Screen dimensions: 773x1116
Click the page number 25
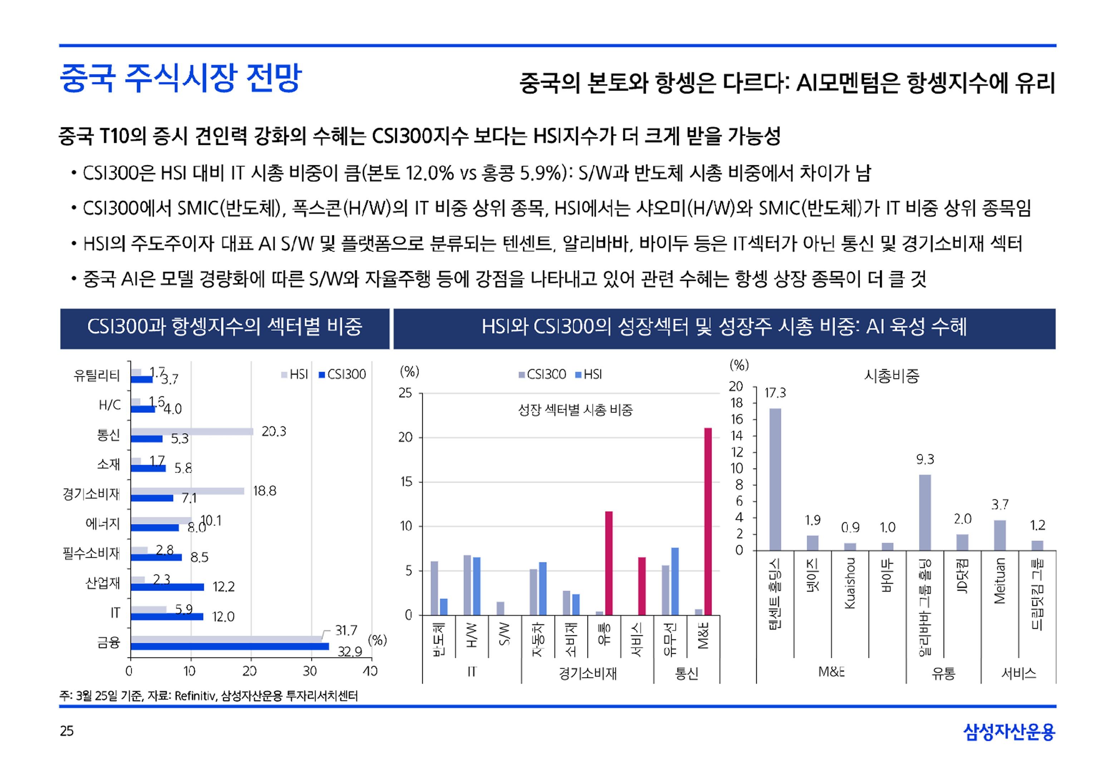point(67,731)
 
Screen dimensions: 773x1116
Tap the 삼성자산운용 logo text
point(1009,732)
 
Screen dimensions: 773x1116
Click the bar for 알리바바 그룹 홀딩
point(925,513)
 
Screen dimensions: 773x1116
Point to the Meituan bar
point(999,535)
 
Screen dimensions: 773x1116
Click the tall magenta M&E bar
point(708,521)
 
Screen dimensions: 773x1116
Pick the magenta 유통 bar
point(609,563)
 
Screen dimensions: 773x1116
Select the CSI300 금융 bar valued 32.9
point(230,646)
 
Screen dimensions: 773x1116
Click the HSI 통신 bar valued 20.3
point(192,431)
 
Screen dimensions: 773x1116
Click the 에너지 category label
point(102,524)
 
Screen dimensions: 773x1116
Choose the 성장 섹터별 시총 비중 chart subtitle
point(575,410)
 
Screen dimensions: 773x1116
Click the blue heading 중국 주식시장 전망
point(180,78)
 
